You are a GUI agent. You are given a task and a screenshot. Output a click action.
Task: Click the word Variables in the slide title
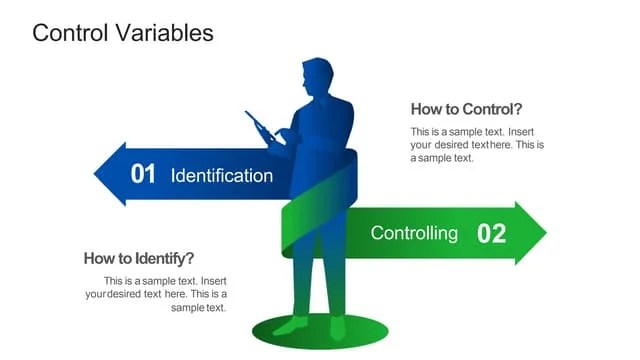point(165,33)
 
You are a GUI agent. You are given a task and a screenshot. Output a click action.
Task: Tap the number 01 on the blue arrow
point(143,175)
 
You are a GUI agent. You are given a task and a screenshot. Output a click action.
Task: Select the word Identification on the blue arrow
point(222,176)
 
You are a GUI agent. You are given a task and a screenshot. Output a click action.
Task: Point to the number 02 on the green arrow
point(491,234)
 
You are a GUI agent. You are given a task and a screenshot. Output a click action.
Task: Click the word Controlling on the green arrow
point(414,234)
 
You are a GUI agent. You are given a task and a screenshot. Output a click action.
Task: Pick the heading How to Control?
point(466,109)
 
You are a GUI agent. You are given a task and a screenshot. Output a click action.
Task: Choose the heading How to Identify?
point(139,258)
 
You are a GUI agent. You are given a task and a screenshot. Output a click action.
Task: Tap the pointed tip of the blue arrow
point(97,174)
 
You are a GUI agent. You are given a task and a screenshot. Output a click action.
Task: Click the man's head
point(319,76)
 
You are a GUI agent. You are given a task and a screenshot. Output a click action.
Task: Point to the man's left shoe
point(291,325)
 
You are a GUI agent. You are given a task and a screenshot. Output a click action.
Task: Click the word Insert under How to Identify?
point(214,281)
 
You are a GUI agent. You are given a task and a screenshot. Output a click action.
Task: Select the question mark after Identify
point(190,258)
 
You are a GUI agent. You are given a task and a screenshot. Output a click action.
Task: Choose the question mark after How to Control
point(518,109)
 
